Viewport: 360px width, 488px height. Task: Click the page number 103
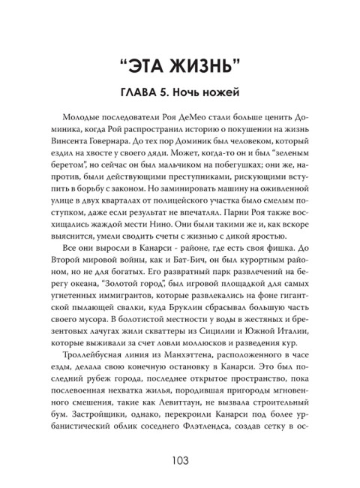[x=180, y=460]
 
